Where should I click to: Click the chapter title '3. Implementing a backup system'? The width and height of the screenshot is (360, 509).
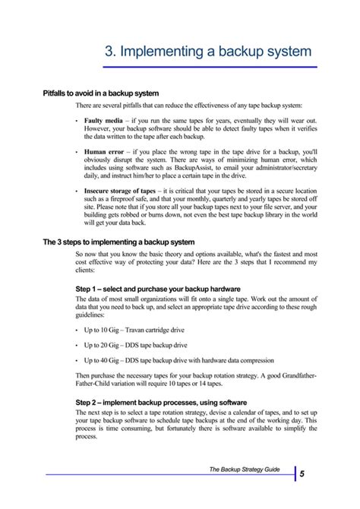[x=207, y=51]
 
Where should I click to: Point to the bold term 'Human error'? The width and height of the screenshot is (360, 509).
[x=103, y=153]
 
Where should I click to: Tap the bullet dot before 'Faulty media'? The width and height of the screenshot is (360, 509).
[x=77, y=122]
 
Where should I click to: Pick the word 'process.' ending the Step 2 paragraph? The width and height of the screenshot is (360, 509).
[x=87, y=438]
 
